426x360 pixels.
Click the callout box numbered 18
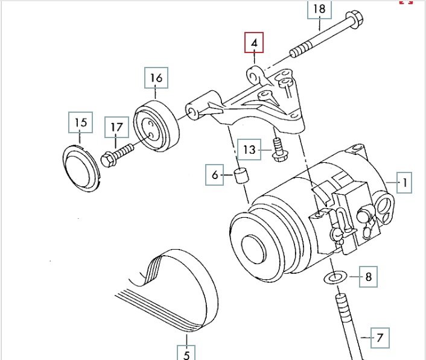click(319, 9)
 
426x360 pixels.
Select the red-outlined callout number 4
click(254, 43)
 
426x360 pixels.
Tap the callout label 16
click(156, 78)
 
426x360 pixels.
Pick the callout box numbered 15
click(81, 123)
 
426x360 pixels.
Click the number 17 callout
click(116, 127)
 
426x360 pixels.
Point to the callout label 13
click(249, 148)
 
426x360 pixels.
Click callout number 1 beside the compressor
click(405, 182)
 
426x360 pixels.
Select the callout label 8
click(369, 278)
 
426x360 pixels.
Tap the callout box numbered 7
click(380, 337)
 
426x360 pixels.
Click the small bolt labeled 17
click(117, 151)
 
